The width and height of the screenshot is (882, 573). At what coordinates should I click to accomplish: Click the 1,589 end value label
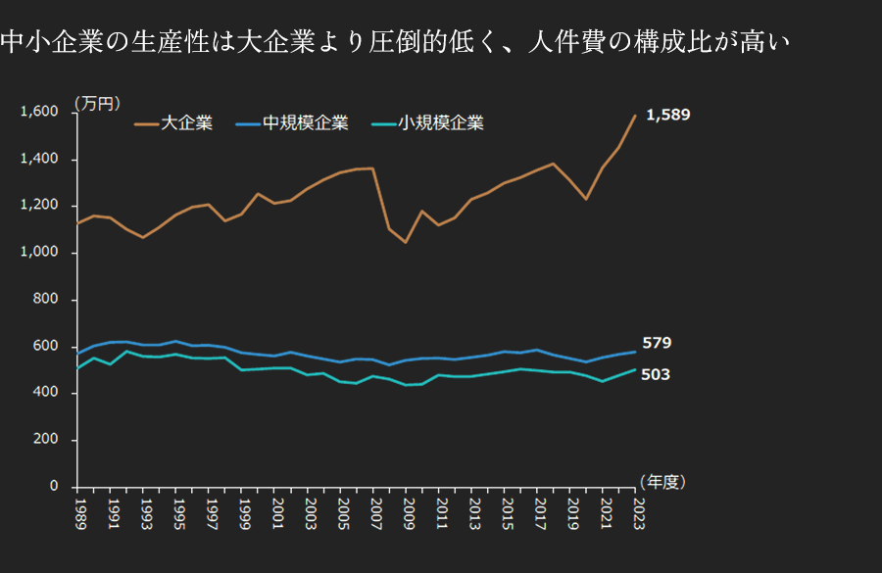(x=667, y=115)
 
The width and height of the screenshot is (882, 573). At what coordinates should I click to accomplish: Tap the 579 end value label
(x=657, y=343)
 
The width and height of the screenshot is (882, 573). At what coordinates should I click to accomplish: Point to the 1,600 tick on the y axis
(x=39, y=112)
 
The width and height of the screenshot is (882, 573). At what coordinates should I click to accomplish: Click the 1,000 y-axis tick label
(x=39, y=253)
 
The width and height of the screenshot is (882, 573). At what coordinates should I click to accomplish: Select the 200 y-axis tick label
(x=46, y=440)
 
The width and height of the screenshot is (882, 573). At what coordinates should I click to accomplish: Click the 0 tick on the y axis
(x=54, y=487)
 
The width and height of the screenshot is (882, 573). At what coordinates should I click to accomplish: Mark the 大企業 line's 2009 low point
(x=406, y=242)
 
